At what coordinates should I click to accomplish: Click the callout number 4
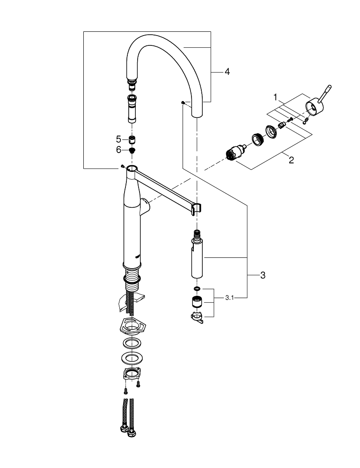coord(227,72)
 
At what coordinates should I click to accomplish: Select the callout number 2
coord(291,160)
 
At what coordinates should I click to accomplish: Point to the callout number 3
coord(263,276)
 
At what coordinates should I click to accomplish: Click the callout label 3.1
coord(230,297)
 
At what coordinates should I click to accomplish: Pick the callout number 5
coord(118,139)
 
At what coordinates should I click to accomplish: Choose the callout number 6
coord(118,150)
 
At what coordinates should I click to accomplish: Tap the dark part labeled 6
coord(132,150)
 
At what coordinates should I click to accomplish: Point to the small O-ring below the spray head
coord(197,289)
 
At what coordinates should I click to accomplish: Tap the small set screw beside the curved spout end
coord(182,102)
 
